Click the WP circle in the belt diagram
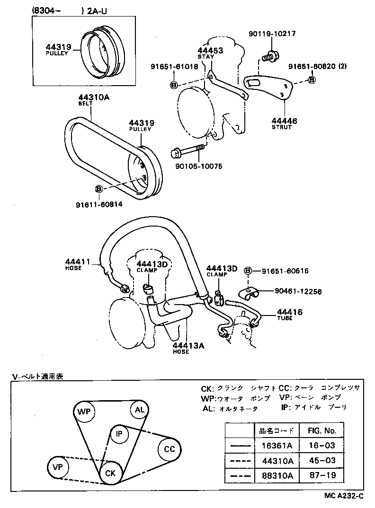84,412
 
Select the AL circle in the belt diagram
140,410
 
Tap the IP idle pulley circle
119,433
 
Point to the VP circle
58,467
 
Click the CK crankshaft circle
110,473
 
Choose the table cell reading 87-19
321,475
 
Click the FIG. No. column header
321,430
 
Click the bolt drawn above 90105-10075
187,151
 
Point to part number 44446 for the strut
285,121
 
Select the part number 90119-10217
272,34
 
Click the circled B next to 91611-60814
99,189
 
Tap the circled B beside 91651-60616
248,271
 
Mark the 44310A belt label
94,97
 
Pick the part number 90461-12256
298,292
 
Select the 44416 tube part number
290,312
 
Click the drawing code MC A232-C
344,496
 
